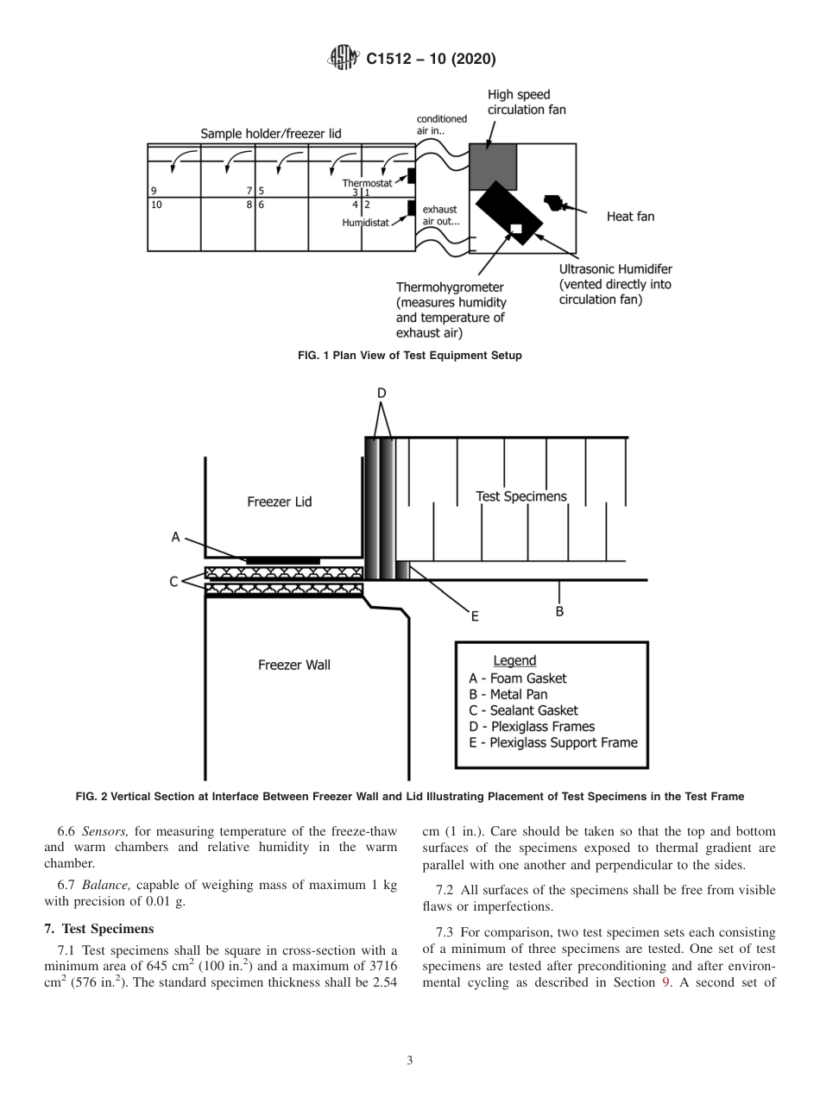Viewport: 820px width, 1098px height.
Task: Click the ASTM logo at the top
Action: (343, 59)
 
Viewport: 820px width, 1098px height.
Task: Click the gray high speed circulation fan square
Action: (492, 167)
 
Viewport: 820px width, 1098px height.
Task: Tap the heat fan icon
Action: (553, 205)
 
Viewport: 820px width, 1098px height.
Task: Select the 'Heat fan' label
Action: (630, 217)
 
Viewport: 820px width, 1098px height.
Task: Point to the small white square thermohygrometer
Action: (516, 229)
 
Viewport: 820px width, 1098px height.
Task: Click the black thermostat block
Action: (412, 176)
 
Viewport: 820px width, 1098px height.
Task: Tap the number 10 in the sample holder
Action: (156, 205)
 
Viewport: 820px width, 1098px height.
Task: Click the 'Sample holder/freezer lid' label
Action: (271, 134)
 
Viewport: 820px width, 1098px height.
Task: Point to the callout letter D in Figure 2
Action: (381, 394)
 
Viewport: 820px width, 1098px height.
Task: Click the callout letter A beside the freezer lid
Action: (175, 537)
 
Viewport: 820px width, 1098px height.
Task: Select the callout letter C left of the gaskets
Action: (173, 582)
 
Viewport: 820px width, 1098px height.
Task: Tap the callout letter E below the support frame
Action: (474, 616)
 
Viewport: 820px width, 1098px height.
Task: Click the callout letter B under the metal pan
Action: (559, 611)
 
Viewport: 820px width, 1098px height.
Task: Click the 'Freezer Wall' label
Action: (294, 666)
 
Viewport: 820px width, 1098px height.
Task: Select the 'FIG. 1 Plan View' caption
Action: (410, 356)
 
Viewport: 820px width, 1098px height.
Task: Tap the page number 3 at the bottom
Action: (410, 1061)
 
